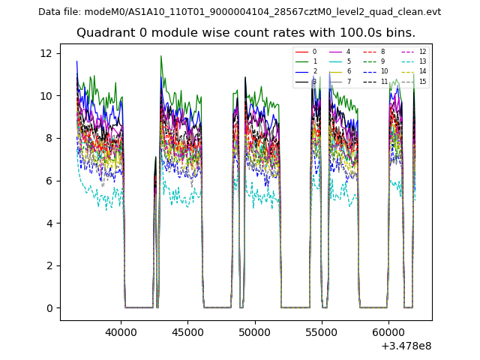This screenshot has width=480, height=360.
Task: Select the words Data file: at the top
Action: point(61,12)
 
